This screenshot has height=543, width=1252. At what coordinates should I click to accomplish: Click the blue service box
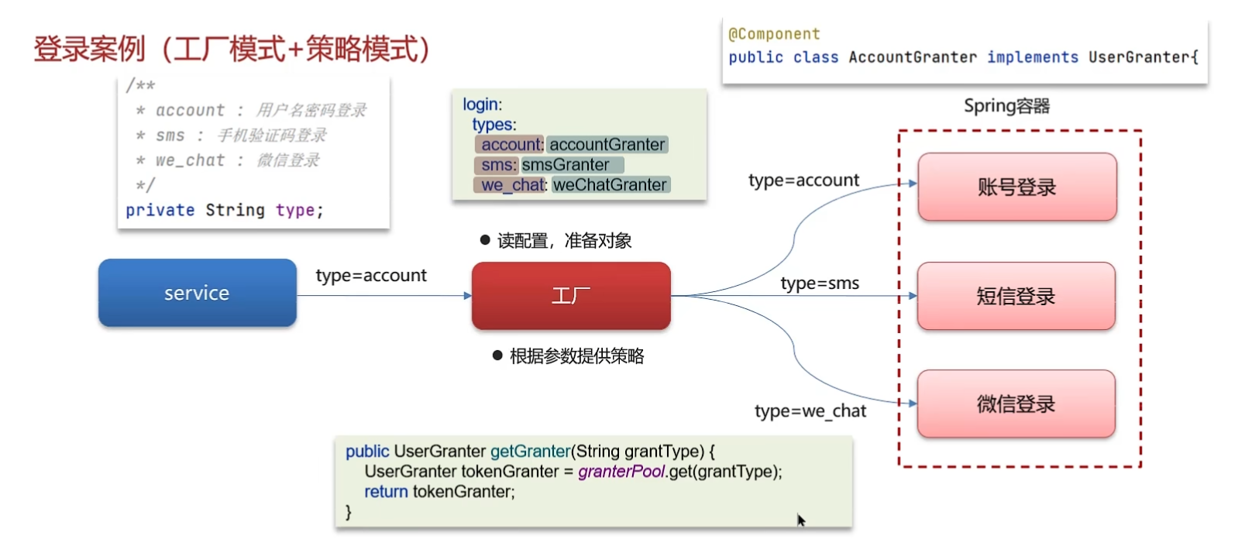click(x=197, y=293)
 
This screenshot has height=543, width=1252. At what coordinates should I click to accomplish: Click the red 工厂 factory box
click(x=571, y=295)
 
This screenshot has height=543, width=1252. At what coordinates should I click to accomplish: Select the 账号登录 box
click(x=1016, y=187)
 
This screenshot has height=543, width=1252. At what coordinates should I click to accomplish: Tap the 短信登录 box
click(x=1016, y=296)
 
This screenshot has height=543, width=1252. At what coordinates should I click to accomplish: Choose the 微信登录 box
click(x=1016, y=404)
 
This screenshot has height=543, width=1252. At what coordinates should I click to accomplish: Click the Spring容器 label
click(x=1006, y=106)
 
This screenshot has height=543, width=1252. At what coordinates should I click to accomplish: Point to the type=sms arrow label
click(x=820, y=284)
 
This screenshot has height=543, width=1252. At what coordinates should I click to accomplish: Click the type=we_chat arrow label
click(x=810, y=411)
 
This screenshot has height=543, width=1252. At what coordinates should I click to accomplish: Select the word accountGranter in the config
click(x=607, y=145)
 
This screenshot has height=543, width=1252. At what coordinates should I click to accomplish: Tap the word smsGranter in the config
click(x=566, y=165)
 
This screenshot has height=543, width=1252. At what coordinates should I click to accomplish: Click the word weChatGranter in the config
click(x=610, y=185)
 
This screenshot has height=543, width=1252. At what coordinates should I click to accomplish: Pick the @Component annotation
click(x=774, y=34)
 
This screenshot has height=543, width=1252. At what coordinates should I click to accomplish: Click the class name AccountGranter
click(x=913, y=57)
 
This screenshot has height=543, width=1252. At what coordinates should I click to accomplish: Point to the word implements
click(x=1032, y=57)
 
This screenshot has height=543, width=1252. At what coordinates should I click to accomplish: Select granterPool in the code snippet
click(x=621, y=472)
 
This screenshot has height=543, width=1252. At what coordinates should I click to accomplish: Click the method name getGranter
click(x=530, y=452)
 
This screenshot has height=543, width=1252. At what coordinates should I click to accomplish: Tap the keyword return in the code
click(x=386, y=492)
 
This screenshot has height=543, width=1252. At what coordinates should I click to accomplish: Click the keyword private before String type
click(x=160, y=211)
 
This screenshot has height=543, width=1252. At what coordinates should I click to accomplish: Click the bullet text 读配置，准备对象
click(x=564, y=241)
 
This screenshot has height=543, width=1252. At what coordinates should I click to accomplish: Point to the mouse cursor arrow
click(x=800, y=520)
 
